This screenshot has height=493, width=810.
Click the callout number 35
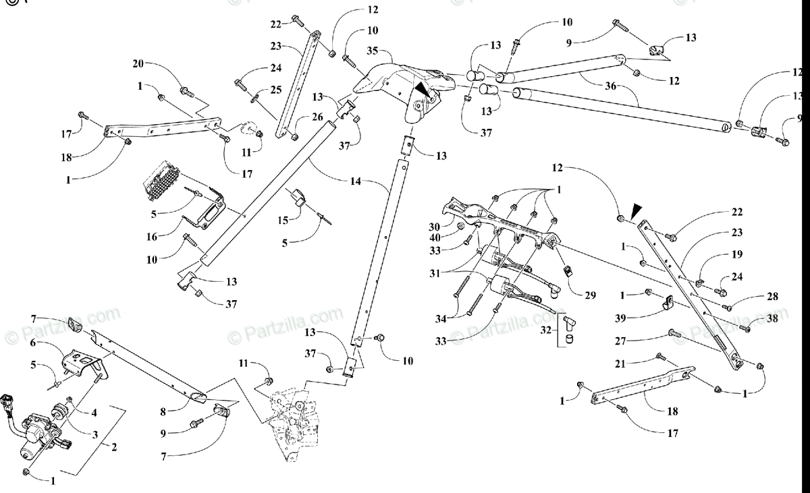[x=372, y=51]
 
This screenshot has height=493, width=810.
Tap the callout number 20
[x=138, y=63]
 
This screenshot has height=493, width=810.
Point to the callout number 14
[x=356, y=181]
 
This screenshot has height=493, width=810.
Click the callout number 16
[x=153, y=237]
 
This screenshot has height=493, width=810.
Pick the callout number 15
[x=283, y=221]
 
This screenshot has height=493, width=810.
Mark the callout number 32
[x=545, y=331]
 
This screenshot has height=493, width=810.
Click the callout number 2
[x=114, y=446]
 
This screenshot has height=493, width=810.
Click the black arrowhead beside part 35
[x=422, y=88]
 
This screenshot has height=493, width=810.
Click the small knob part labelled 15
[x=298, y=197]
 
